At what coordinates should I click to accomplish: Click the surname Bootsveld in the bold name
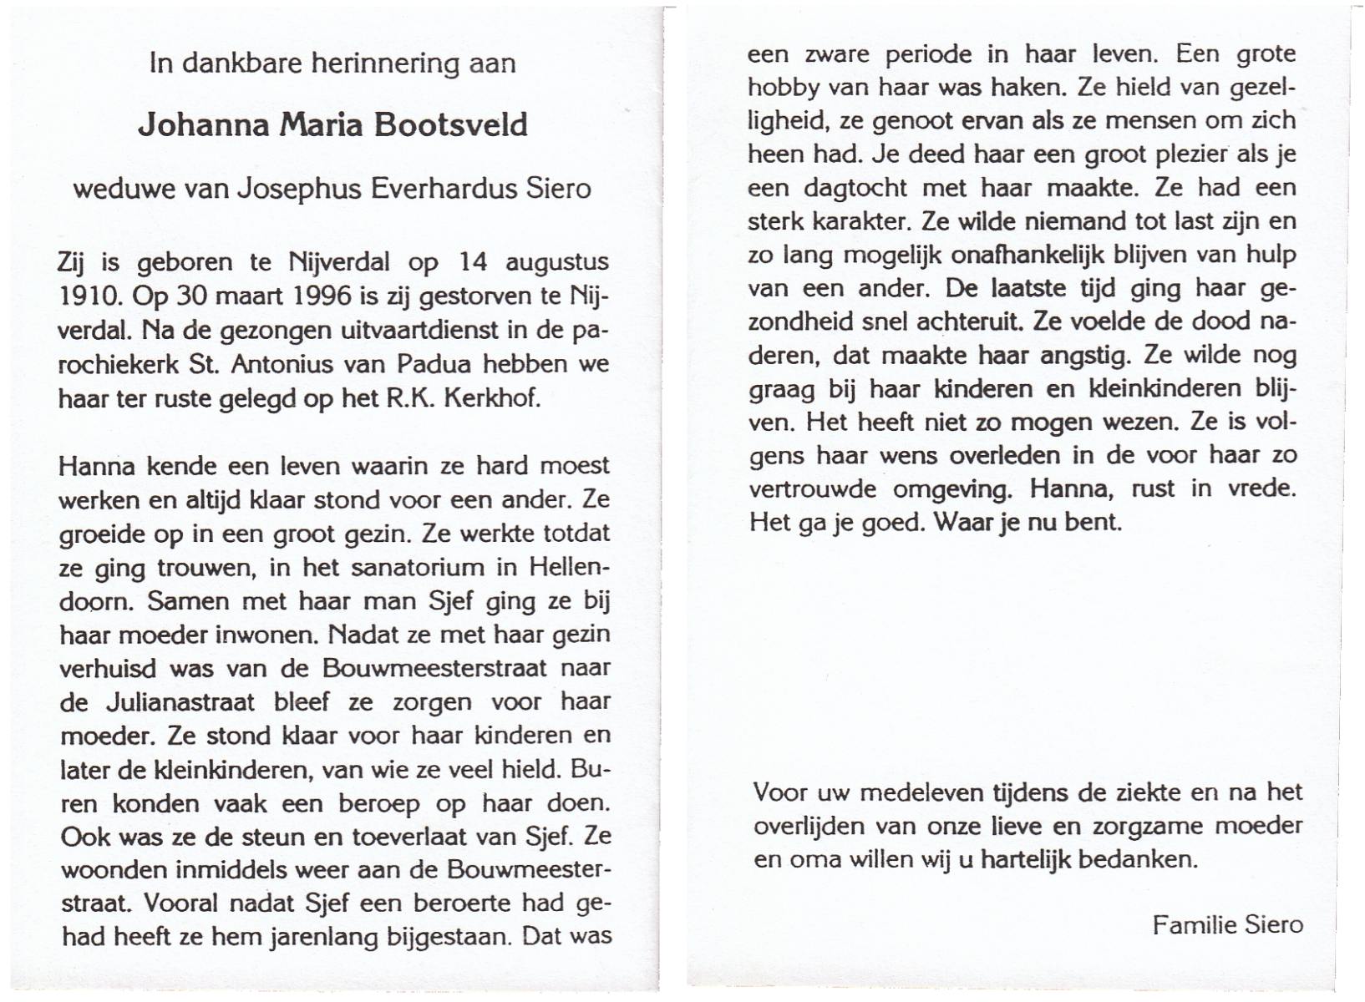coord(450,125)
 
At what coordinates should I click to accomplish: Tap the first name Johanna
coord(204,125)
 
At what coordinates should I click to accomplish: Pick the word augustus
coord(556,263)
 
